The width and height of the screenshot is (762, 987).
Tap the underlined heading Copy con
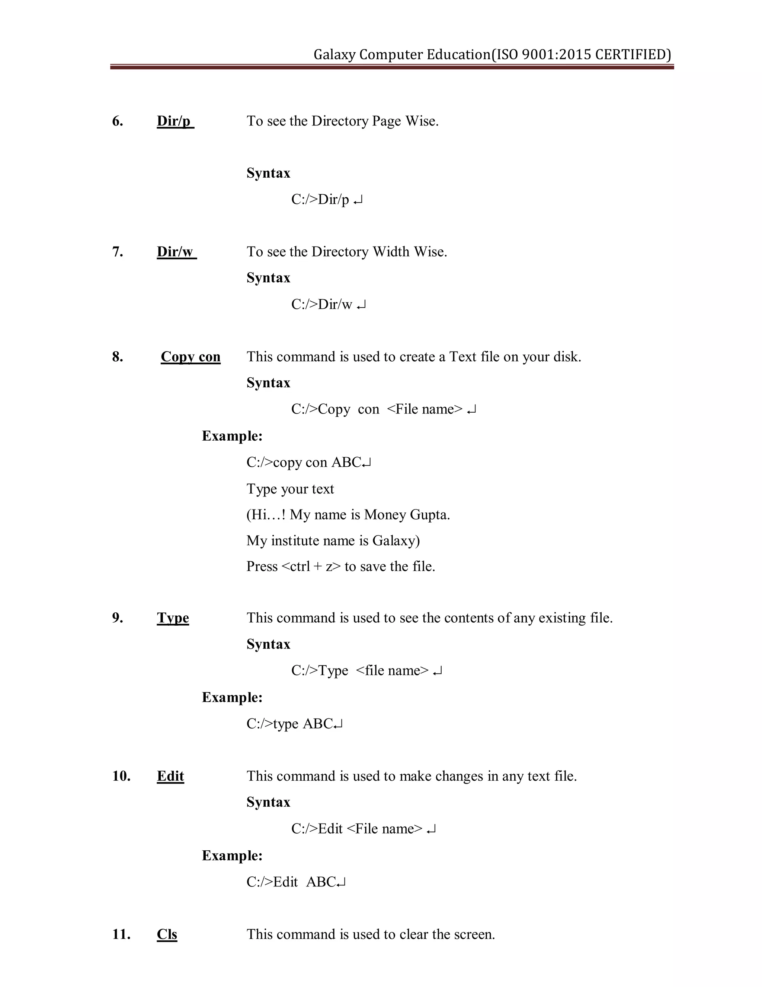point(190,357)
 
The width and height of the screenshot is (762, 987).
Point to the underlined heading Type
point(173,618)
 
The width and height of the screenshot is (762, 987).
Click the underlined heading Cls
point(167,934)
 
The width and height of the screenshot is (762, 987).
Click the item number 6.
point(117,121)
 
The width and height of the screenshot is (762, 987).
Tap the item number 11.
point(121,934)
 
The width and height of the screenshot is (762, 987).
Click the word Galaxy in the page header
point(334,55)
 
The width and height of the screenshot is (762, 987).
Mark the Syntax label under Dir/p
point(268,173)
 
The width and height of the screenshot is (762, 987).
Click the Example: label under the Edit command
point(232,856)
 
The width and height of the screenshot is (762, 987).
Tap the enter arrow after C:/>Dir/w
point(361,306)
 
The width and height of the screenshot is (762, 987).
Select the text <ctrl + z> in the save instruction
point(311,567)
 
